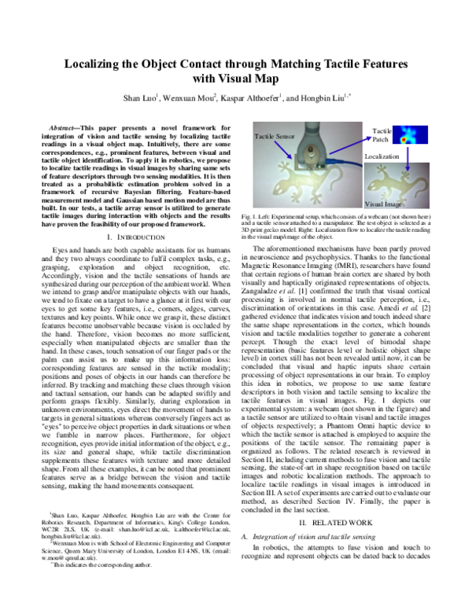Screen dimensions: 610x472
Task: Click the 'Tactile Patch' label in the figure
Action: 382,134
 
